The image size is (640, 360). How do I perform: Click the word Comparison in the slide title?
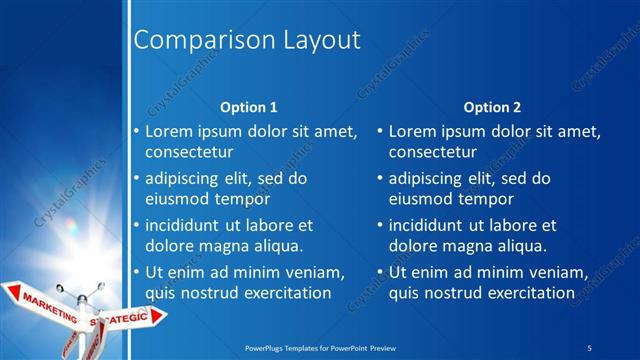tap(193, 41)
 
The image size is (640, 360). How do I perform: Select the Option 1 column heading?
tap(248, 107)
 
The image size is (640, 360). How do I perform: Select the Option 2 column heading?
tap(492, 107)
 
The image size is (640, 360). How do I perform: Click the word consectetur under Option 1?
tap(189, 153)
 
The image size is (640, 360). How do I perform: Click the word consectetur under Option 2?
tap(432, 153)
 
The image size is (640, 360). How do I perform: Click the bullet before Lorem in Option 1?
tap(137, 131)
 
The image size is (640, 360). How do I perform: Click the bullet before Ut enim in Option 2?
tap(381, 272)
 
